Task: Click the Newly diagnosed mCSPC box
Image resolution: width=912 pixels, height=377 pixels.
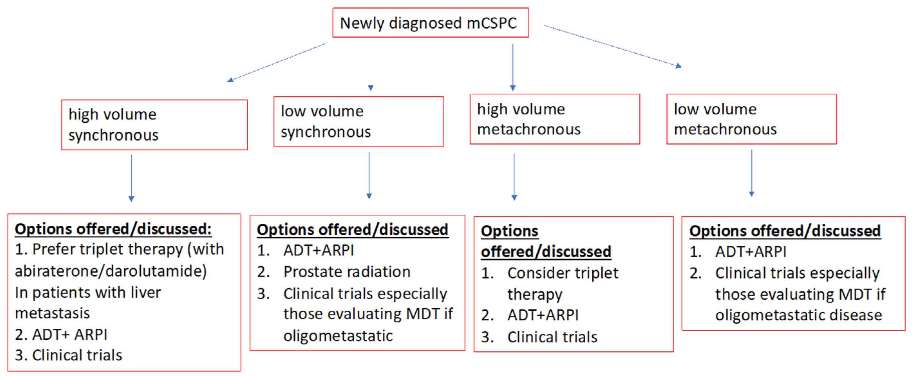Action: click(x=430, y=23)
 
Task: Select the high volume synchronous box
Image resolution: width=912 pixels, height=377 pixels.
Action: click(x=154, y=125)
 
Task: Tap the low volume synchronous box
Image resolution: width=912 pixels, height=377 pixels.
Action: click(x=358, y=121)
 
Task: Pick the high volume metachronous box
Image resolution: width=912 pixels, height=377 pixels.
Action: click(x=554, y=119)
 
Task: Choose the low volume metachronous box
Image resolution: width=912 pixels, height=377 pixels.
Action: click(x=751, y=119)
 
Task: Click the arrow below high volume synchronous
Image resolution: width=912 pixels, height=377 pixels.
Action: click(x=131, y=178)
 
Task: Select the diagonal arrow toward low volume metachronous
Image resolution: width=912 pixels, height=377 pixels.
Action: click(x=613, y=46)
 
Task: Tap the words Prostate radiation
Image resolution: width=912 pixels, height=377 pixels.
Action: click(x=347, y=272)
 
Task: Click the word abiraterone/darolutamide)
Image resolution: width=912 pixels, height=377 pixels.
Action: click(x=111, y=271)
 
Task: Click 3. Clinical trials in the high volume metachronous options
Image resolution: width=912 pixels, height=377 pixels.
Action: click(x=539, y=337)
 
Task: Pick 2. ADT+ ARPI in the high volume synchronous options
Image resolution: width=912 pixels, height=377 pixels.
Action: click(x=61, y=335)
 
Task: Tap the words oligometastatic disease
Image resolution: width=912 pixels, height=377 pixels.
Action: click(x=798, y=315)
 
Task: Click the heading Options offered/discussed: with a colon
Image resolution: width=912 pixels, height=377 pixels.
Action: click(x=113, y=229)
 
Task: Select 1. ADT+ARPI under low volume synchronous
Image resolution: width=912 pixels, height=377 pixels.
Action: click(x=306, y=250)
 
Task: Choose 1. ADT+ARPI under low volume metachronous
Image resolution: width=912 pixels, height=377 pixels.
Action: click(x=738, y=252)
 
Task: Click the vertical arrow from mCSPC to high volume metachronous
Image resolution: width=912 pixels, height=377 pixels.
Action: click(x=512, y=67)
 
